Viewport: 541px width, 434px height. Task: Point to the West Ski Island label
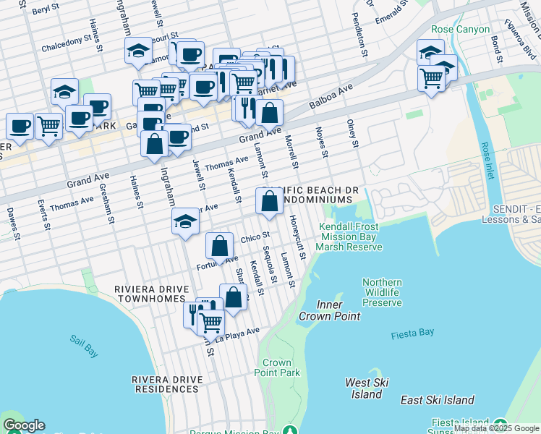point(367,388)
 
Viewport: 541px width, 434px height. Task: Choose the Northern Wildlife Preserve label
point(382,292)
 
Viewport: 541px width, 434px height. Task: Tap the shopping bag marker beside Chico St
point(219,246)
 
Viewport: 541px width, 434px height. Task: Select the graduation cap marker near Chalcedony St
point(138,51)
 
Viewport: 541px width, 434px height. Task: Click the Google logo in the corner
point(24,425)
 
